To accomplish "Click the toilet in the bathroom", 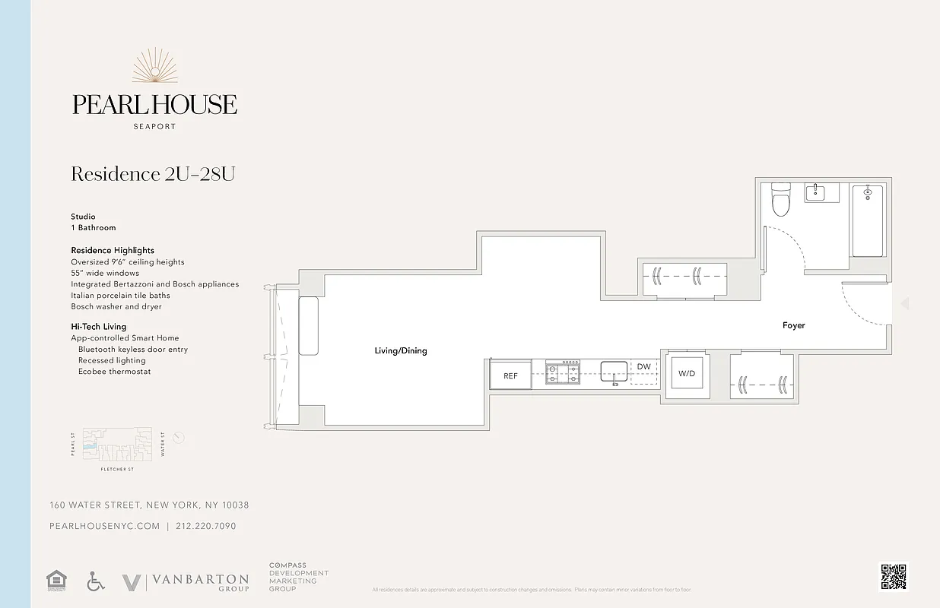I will (781, 201).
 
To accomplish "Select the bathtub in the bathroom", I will (867, 220).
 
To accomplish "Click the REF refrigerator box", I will (510, 375).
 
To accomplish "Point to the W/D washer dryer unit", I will (687, 374).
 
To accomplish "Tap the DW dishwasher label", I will (644, 367).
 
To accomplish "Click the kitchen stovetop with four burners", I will (563, 372).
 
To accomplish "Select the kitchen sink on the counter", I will (614, 372).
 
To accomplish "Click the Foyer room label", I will (793, 325).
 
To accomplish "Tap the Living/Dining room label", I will (401, 351).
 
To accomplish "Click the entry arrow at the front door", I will (904, 304).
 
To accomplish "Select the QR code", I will (894, 576).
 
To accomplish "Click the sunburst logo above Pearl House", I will (155, 67).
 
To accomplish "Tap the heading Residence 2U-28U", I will (153, 174).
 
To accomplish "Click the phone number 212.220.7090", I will (205, 526).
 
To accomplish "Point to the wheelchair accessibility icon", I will (95, 581).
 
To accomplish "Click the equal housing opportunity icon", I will (56, 581).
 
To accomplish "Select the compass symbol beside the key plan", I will (179, 438).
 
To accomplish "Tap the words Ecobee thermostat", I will (114, 372).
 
